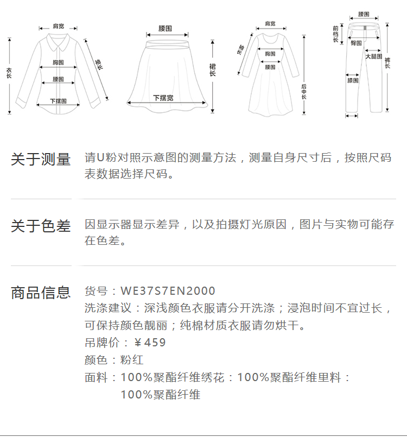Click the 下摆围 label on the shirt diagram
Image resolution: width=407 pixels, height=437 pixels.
tap(58, 101)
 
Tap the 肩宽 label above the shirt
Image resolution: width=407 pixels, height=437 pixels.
tap(58, 26)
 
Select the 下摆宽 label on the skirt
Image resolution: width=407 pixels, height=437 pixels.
tap(163, 98)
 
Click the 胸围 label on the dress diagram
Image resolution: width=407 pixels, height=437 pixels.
tap(270, 54)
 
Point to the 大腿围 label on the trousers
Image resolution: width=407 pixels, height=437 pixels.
tap(373, 56)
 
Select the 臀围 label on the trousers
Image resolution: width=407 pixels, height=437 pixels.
tap(357, 42)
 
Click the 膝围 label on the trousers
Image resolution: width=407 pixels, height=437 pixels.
tap(353, 80)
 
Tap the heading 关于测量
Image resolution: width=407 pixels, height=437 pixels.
tap(41, 160)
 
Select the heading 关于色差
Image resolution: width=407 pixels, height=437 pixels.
tap(41, 226)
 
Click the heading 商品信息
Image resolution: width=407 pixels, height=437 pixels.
tap(41, 293)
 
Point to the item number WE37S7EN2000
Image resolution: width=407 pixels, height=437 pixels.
tap(168, 291)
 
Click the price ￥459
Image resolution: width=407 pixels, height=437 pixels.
tap(149, 343)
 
